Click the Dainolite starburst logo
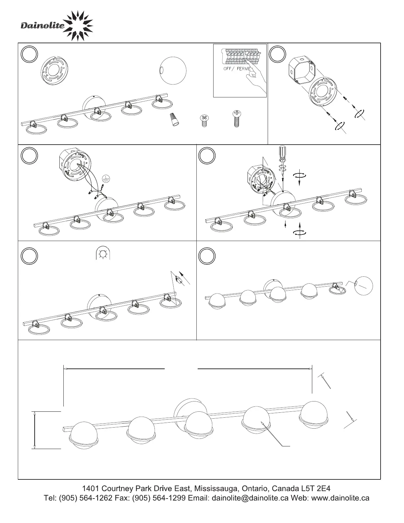[79, 26]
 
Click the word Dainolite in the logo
[43, 25]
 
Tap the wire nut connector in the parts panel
[175, 119]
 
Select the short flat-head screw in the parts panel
[204, 121]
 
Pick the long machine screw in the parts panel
[237, 119]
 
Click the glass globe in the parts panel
[173, 71]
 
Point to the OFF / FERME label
[237, 69]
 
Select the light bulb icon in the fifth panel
[103, 253]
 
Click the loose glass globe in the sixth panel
[364, 286]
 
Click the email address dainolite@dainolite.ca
[250, 498]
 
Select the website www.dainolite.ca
[340, 498]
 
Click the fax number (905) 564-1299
[159, 498]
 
